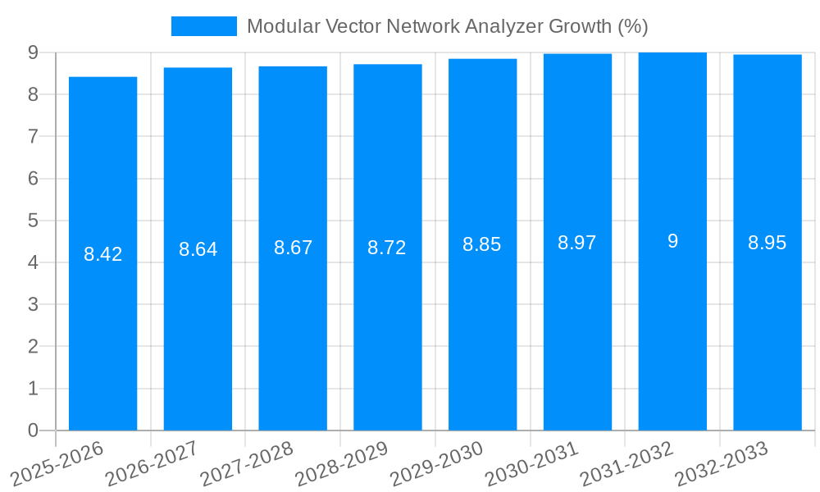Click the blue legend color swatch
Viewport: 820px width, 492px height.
tap(203, 26)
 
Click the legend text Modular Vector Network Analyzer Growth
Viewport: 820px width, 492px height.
tap(447, 26)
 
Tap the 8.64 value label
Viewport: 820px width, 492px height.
tap(198, 249)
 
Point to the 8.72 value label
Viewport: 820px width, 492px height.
tap(387, 248)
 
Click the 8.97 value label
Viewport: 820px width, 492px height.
tap(577, 243)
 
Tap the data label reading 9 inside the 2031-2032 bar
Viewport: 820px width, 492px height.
tap(672, 241)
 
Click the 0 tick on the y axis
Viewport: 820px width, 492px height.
tap(33, 430)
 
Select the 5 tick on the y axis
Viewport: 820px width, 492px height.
tap(33, 221)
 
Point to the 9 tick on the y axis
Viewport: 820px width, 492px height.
tap(33, 52)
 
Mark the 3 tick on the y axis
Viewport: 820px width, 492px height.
tap(33, 304)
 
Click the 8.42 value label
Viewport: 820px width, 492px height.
tap(102, 254)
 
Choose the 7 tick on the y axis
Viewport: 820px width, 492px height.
tap(33, 136)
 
